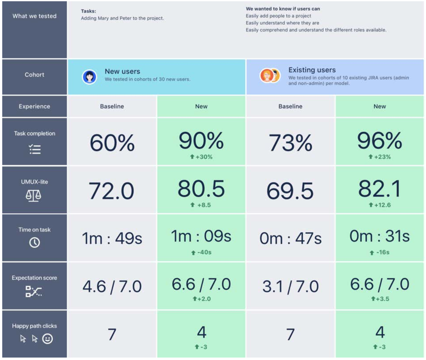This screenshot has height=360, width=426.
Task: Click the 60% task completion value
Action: (x=112, y=143)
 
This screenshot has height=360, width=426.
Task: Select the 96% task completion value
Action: (x=379, y=140)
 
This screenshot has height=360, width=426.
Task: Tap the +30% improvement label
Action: (x=201, y=157)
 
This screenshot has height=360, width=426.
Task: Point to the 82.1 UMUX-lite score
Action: (x=379, y=189)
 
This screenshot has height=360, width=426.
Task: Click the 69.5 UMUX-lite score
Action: (x=290, y=191)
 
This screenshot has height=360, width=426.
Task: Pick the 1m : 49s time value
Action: (x=112, y=238)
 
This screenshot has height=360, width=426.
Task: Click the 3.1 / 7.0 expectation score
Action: (x=290, y=287)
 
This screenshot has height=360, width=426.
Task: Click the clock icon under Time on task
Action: (x=34, y=243)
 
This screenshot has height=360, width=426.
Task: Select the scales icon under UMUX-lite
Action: (x=34, y=195)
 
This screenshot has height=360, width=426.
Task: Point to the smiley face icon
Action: (x=47, y=339)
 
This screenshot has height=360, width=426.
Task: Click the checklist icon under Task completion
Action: (x=35, y=149)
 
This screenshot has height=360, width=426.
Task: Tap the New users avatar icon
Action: (x=89, y=77)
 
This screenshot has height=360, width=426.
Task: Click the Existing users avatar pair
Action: (x=270, y=76)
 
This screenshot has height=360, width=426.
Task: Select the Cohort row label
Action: (x=34, y=75)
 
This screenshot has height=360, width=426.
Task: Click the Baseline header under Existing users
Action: (x=290, y=106)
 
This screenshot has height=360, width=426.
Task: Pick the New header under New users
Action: (x=201, y=106)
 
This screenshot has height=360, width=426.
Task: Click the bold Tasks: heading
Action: (x=88, y=11)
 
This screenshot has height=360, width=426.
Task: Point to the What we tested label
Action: (x=34, y=16)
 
